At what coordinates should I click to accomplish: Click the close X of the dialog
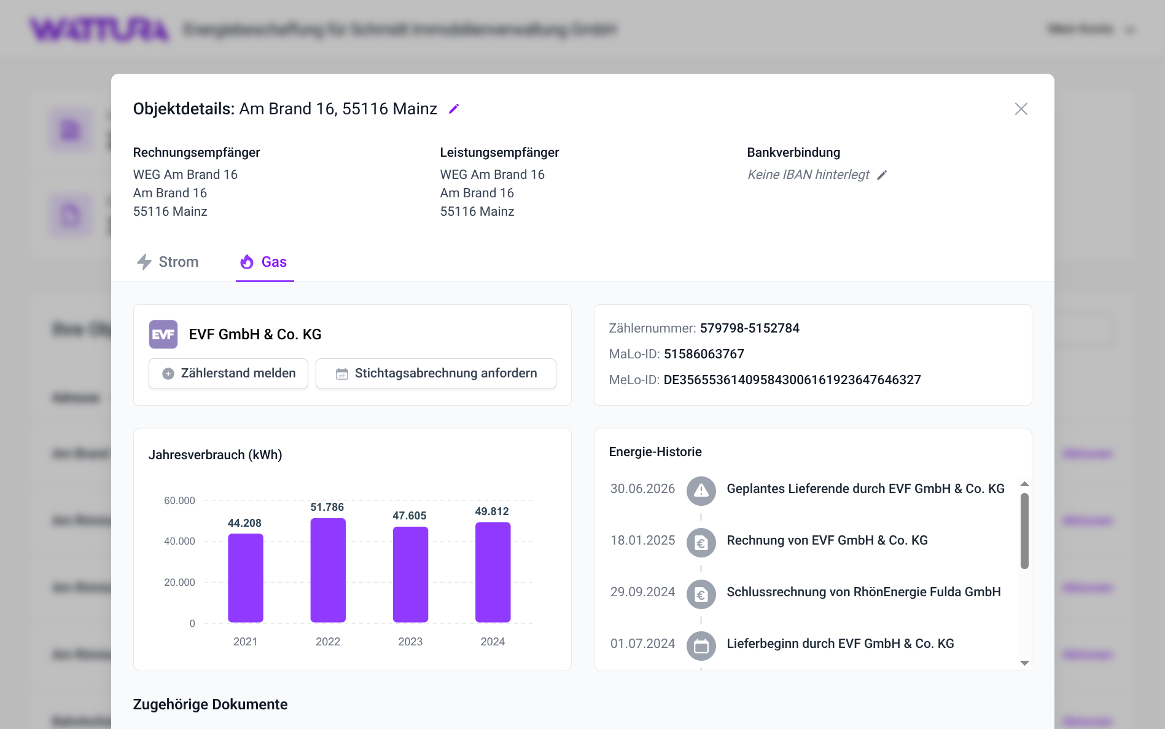(1021, 109)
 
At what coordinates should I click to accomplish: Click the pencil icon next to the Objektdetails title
(454, 109)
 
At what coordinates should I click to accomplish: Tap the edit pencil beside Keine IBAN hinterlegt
(882, 175)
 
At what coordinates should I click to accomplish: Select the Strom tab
(167, 262)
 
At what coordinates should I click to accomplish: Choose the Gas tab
(264, 262)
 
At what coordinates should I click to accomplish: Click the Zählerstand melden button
(228, 374)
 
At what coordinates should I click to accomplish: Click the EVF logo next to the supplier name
(163, 334)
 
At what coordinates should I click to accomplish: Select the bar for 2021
(246, 578)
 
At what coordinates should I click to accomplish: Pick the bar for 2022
(328, 570)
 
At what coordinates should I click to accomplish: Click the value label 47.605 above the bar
(410, 516)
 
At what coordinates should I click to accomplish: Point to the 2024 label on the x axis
(493, 642)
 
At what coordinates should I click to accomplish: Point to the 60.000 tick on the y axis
(179, 501)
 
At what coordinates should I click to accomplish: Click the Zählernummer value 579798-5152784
(750, 328)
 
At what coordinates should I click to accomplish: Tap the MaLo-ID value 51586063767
(704, 354)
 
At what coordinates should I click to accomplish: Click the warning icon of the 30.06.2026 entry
(701, 491)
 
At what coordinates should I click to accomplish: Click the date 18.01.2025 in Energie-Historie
(642, 540)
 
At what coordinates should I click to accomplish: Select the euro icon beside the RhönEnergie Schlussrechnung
(701, 594)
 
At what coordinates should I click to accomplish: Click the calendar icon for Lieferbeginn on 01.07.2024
(701, 646)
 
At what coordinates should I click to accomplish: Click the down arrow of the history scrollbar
(1024, 663)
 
